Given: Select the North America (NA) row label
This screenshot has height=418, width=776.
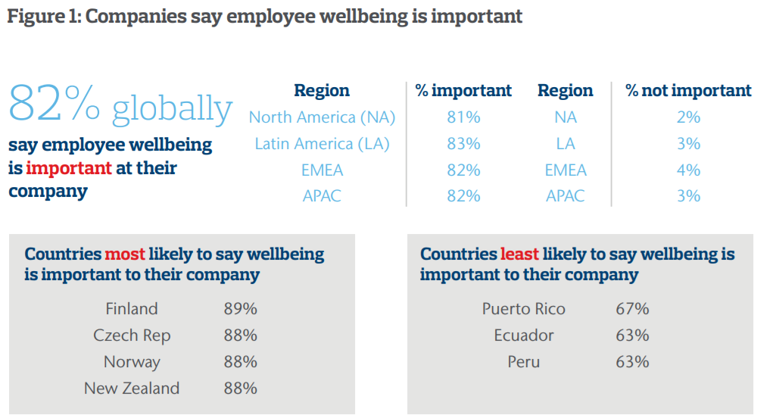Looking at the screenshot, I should point(322,117).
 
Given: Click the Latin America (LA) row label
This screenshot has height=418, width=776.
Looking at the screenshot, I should point(322,144).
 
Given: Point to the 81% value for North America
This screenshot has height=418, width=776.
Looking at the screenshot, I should point(463,117).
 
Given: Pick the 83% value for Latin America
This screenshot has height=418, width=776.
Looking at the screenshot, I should point(463,144).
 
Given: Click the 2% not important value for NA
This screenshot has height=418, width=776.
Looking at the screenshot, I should point(688,117).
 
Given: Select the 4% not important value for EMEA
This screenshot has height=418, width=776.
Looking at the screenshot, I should point(688,170).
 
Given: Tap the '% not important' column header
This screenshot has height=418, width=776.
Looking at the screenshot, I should point(688,91).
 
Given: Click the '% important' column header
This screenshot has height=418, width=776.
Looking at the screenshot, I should point(463,91).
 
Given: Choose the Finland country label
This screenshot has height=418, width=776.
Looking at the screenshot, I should point(132,309).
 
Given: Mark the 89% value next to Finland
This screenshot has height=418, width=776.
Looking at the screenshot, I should point(240,309).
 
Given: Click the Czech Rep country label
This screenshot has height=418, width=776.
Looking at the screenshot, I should point(132,335).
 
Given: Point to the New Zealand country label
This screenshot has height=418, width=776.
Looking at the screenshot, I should point(132,388).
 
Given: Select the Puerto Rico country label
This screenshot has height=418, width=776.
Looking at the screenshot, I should point(523,309).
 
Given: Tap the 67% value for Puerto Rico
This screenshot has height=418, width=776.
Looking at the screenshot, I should point(632,309).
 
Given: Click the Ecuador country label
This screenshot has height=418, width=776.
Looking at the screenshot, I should point(523,335).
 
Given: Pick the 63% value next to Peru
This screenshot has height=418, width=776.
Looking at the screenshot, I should point(632,362).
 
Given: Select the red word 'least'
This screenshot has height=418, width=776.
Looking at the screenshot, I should point(519,254).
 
